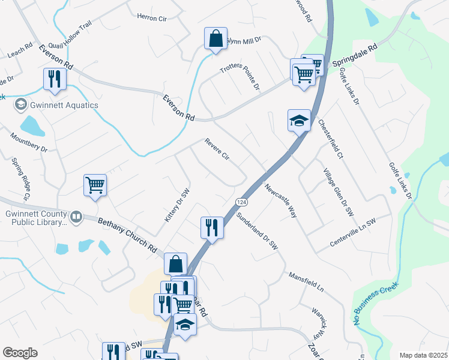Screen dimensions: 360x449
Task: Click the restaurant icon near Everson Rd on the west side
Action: (55, 79)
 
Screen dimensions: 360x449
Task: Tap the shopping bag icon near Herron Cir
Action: (215, 39)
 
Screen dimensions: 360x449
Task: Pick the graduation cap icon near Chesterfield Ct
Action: (299, 121)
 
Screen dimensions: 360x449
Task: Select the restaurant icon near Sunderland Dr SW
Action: (211, 227)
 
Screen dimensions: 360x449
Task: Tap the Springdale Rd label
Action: (355, 54)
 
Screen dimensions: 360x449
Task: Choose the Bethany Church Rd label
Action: (127, 233)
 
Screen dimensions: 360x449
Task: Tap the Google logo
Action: (20, 353)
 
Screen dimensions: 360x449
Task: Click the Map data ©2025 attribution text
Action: (423, 355)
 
